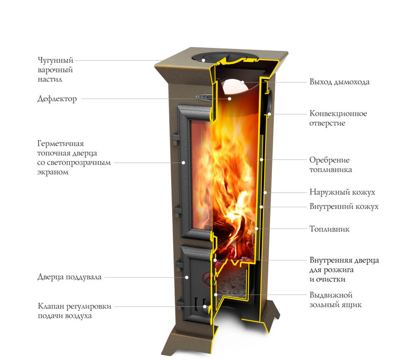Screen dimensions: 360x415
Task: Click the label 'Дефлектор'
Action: tap(57, 99)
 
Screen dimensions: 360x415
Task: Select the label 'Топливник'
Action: tap(330, 229)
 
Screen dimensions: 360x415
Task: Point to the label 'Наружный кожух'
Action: tap(342, 192)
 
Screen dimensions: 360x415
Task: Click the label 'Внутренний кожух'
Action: tap(344, 206)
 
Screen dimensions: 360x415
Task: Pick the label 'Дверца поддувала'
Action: tap(69, 277)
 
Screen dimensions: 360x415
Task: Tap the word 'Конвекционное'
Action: tap(338, 113)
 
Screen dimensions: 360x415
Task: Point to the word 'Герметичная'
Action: tap(60, 144)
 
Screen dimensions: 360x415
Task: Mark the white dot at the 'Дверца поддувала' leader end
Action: tap(187, 277)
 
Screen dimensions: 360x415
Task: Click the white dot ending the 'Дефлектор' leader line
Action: tap(229, 99)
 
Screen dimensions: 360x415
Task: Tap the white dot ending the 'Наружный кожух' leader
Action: tap(265, 192)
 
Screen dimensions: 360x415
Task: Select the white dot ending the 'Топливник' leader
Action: tap(256, 229)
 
